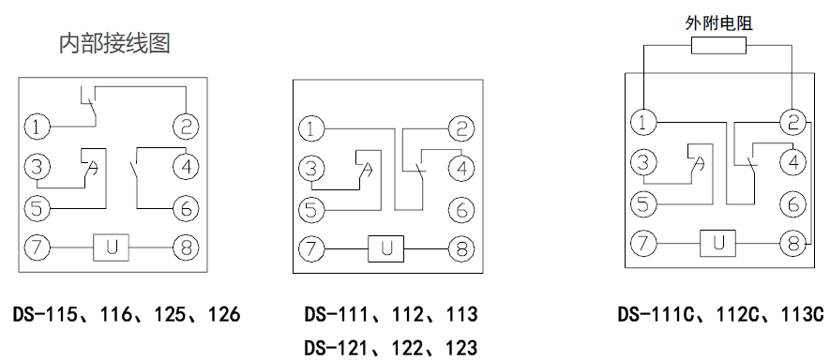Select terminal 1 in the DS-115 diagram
click(37, 126)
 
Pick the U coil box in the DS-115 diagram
click(111, 248)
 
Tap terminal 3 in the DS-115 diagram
click(37, 168)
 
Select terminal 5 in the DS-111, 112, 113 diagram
click(310, 209)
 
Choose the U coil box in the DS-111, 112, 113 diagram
click(385, 250)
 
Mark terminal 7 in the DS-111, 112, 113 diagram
click(310, 250)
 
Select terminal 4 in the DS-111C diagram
click(793, 162)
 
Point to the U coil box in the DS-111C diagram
click(718, 244)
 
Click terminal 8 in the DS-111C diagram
click(793, 244)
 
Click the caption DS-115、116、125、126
click(127, 313)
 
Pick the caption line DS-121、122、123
click(390, 347)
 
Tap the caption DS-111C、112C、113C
click(720, 313)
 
